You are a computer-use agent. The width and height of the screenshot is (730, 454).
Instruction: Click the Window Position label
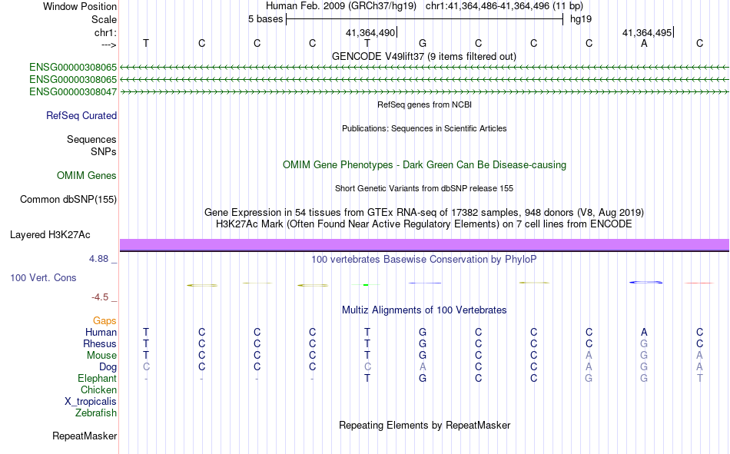[80, 6]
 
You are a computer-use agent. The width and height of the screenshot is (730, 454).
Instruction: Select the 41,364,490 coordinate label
[370, 32]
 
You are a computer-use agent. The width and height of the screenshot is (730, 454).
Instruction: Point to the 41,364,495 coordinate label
[647, 32]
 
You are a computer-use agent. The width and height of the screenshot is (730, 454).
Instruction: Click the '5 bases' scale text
[265, 19]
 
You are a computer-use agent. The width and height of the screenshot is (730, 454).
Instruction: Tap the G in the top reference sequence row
[423, 43]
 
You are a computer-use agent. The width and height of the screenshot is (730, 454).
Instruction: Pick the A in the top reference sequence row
[644, 43]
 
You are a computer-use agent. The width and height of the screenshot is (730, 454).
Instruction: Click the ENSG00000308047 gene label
[73, 91]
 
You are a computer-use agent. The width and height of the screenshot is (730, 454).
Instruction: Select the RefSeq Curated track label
[81, 115]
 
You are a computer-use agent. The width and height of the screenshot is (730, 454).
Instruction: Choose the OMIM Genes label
[87, 176]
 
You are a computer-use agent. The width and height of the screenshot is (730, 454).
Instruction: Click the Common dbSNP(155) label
[68, 199]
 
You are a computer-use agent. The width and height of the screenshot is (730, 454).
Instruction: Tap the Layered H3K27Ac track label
[50, 235]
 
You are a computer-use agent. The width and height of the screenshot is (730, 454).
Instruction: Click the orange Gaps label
[105, 321]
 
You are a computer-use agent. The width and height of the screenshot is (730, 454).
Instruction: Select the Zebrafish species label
[96, 413]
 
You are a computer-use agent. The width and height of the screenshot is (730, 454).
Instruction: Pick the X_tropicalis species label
[91, 402]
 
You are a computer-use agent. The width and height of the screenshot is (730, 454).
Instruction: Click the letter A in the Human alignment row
[644, 332]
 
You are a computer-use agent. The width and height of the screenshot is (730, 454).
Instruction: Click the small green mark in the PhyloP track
[366, 284]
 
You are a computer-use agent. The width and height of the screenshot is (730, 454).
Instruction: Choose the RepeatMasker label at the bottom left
[85, 436]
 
